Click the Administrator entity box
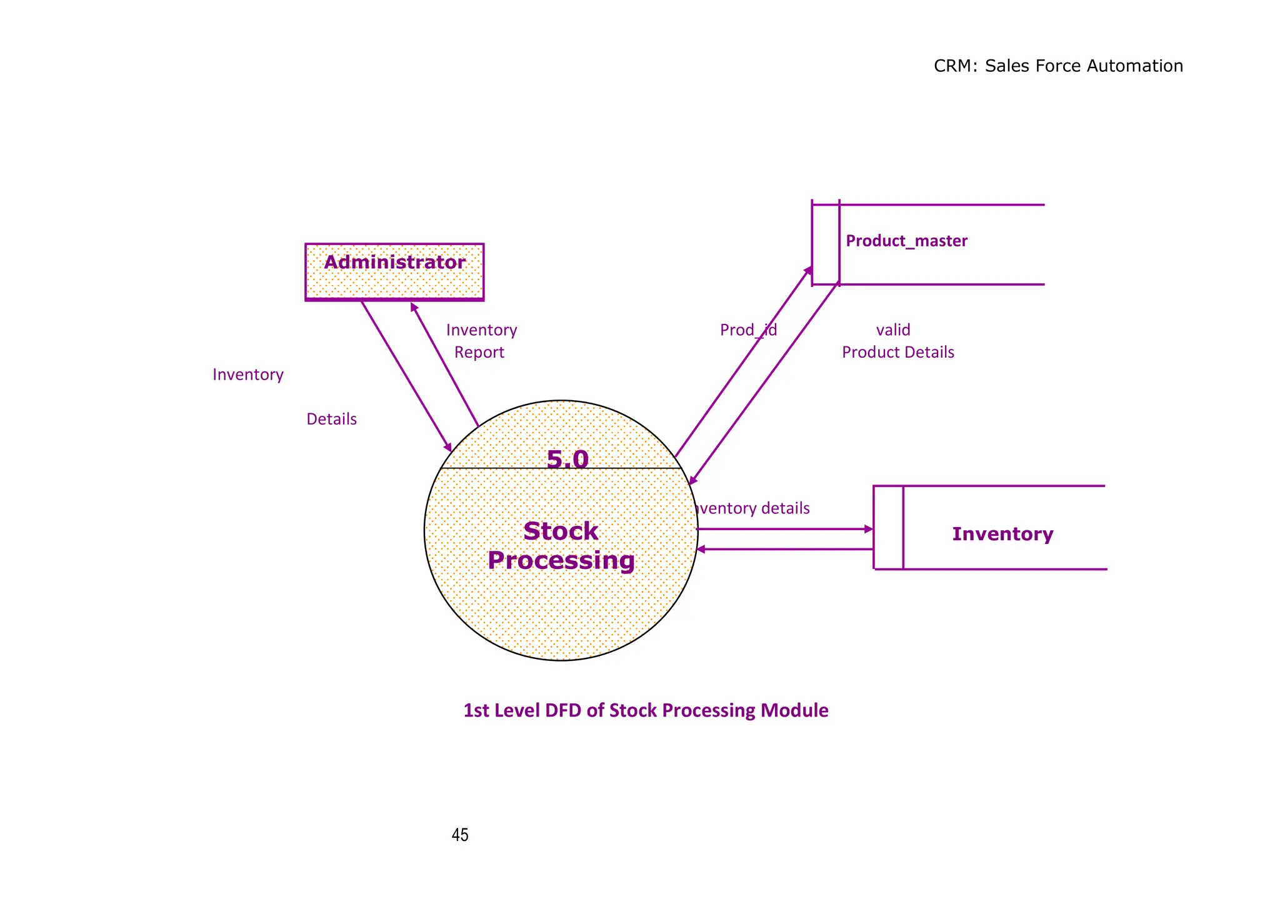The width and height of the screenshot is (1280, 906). pyautogui.click(x=394, y=272)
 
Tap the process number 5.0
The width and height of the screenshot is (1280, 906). pyautogui.click(x=567, y=459)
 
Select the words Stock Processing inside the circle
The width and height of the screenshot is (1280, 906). pyautogui.click(x=561, y=545)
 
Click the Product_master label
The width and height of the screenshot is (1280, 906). pyautogui.click(x=906, y=241)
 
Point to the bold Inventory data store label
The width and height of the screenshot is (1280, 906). pyautogui.click(x=1002, y=533)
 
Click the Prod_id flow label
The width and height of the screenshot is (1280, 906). pyautogui.click(x=748, y=330)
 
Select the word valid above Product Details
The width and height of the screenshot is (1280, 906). pyautogui.click(x=892, y=330)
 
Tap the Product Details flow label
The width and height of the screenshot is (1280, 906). pyautogui.click(x=897, y=352)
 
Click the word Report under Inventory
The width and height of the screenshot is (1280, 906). pyautogui.click(x=479, y=352)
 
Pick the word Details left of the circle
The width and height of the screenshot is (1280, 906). pyautogui.click(x=331, y=419)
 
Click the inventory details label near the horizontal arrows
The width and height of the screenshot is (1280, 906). pyautogui.click(x=752, y=508)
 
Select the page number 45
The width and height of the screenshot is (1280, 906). pyautogui.click(x=459, y=835)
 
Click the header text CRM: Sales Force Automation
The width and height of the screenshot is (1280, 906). pyautogui.click(x=1057, y=66)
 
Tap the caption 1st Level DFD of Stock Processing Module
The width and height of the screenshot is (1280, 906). pyautogui.click(x=646, y=710)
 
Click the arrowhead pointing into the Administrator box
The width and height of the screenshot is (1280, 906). pyautogui.click(x=413, y=306)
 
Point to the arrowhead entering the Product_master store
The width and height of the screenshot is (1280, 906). pyautogui.click(x=808, y=270)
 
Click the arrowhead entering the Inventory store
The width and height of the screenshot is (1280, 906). pyautogui.click(x=868, y=529)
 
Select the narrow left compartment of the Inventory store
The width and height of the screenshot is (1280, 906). pyautogui.click(x=888, y=527)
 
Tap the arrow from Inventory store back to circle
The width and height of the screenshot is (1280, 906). pyautogui.click(x=784, y=549)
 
